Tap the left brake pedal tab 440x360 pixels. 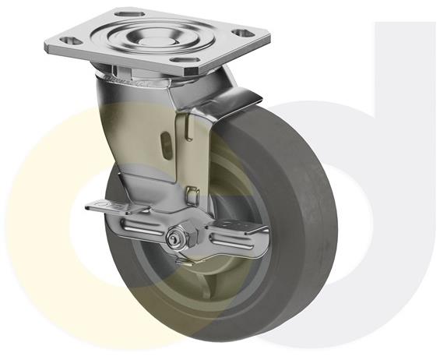click(102, 206)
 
